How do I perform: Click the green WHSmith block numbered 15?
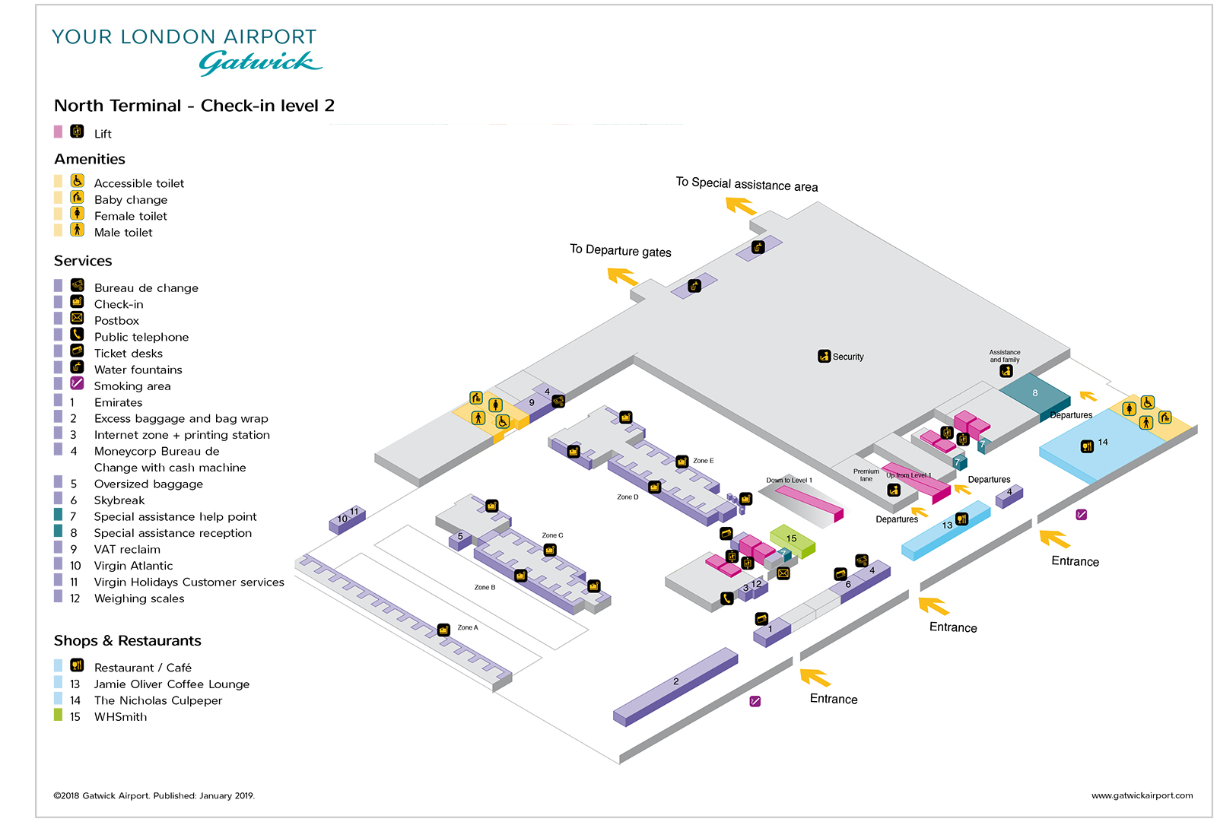point(793,539)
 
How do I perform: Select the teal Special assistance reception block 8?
point(1034,394)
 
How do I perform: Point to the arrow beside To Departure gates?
point(623,277)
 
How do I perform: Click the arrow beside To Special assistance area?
point(741,206)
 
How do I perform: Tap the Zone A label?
point(468,627)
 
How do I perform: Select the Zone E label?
point(704,461)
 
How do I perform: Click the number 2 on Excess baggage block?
point(676,681)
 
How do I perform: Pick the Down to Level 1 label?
point(789,481)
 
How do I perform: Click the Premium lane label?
point(866,475)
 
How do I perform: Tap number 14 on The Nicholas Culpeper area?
point(1103,442)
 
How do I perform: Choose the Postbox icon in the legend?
point(77,318)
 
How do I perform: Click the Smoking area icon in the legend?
point(77,383)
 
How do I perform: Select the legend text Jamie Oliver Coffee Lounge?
point(171,684)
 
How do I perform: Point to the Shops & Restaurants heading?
point(127,641)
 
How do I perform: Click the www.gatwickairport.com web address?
point(1142,795)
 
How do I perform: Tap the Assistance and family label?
point(1004,356)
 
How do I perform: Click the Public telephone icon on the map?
point(727,598)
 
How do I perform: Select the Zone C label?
point(553,535)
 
